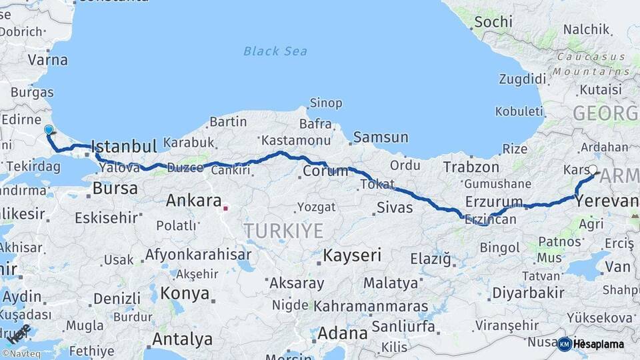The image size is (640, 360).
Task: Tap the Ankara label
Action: tap(193, 200)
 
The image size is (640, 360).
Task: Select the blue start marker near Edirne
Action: tap(48, 129)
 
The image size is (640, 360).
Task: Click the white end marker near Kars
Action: tap(593, 169)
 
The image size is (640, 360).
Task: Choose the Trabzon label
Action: tap(471, 167)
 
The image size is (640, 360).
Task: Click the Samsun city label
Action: tap(381, 138)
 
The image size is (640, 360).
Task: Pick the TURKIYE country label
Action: tap(283, 231)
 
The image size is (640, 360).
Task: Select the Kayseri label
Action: tap(352, 255)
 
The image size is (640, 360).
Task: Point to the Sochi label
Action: tap(492, 22)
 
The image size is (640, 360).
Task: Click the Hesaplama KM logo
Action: tap(591, 344)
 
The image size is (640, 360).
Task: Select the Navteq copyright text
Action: tap(21, 353)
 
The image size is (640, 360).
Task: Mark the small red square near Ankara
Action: tap(225, 209)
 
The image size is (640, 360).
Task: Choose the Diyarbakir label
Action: tap(528, 293)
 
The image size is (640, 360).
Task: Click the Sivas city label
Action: tap(395, 207)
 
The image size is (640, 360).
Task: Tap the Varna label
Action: tap(47, 59)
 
